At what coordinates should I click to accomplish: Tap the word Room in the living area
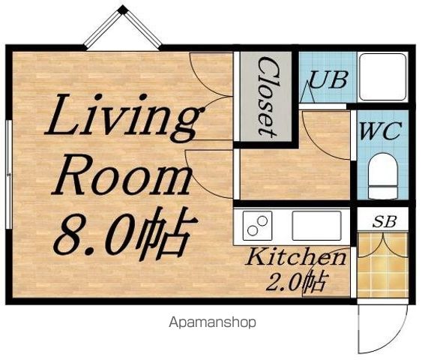click(121, 175)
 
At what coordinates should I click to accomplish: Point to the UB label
click(328, 79)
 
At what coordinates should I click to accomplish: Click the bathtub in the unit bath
click(382, 77)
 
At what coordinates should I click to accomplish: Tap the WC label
click(380, 130)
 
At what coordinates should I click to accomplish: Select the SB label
click(385, 221)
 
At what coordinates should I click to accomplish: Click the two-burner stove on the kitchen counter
click(257, 226)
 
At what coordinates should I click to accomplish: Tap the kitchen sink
click(316, 226)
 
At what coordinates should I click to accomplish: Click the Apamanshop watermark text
click(213, 322)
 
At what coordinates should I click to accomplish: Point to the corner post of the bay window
click(123, 10)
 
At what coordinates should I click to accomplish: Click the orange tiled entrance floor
click(382, 265)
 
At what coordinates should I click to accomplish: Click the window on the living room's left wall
click(9, 175)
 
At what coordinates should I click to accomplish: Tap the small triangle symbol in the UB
click(308, 92)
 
